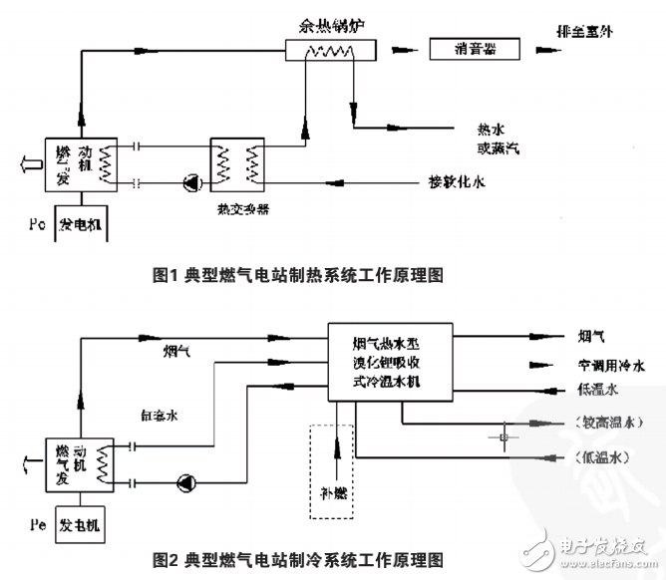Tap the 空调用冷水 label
click(x=611, y=365)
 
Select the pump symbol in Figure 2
click(x=186, y=483)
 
